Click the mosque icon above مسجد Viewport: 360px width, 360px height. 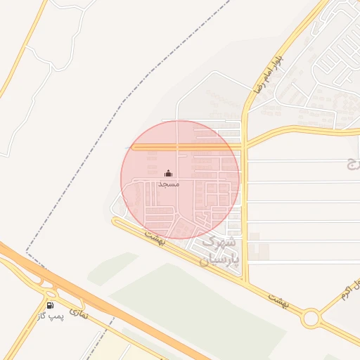(168, 174)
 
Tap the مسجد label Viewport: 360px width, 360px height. (169, 184)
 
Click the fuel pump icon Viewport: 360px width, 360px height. (50, 305)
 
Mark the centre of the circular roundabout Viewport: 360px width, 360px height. (310, 319)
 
